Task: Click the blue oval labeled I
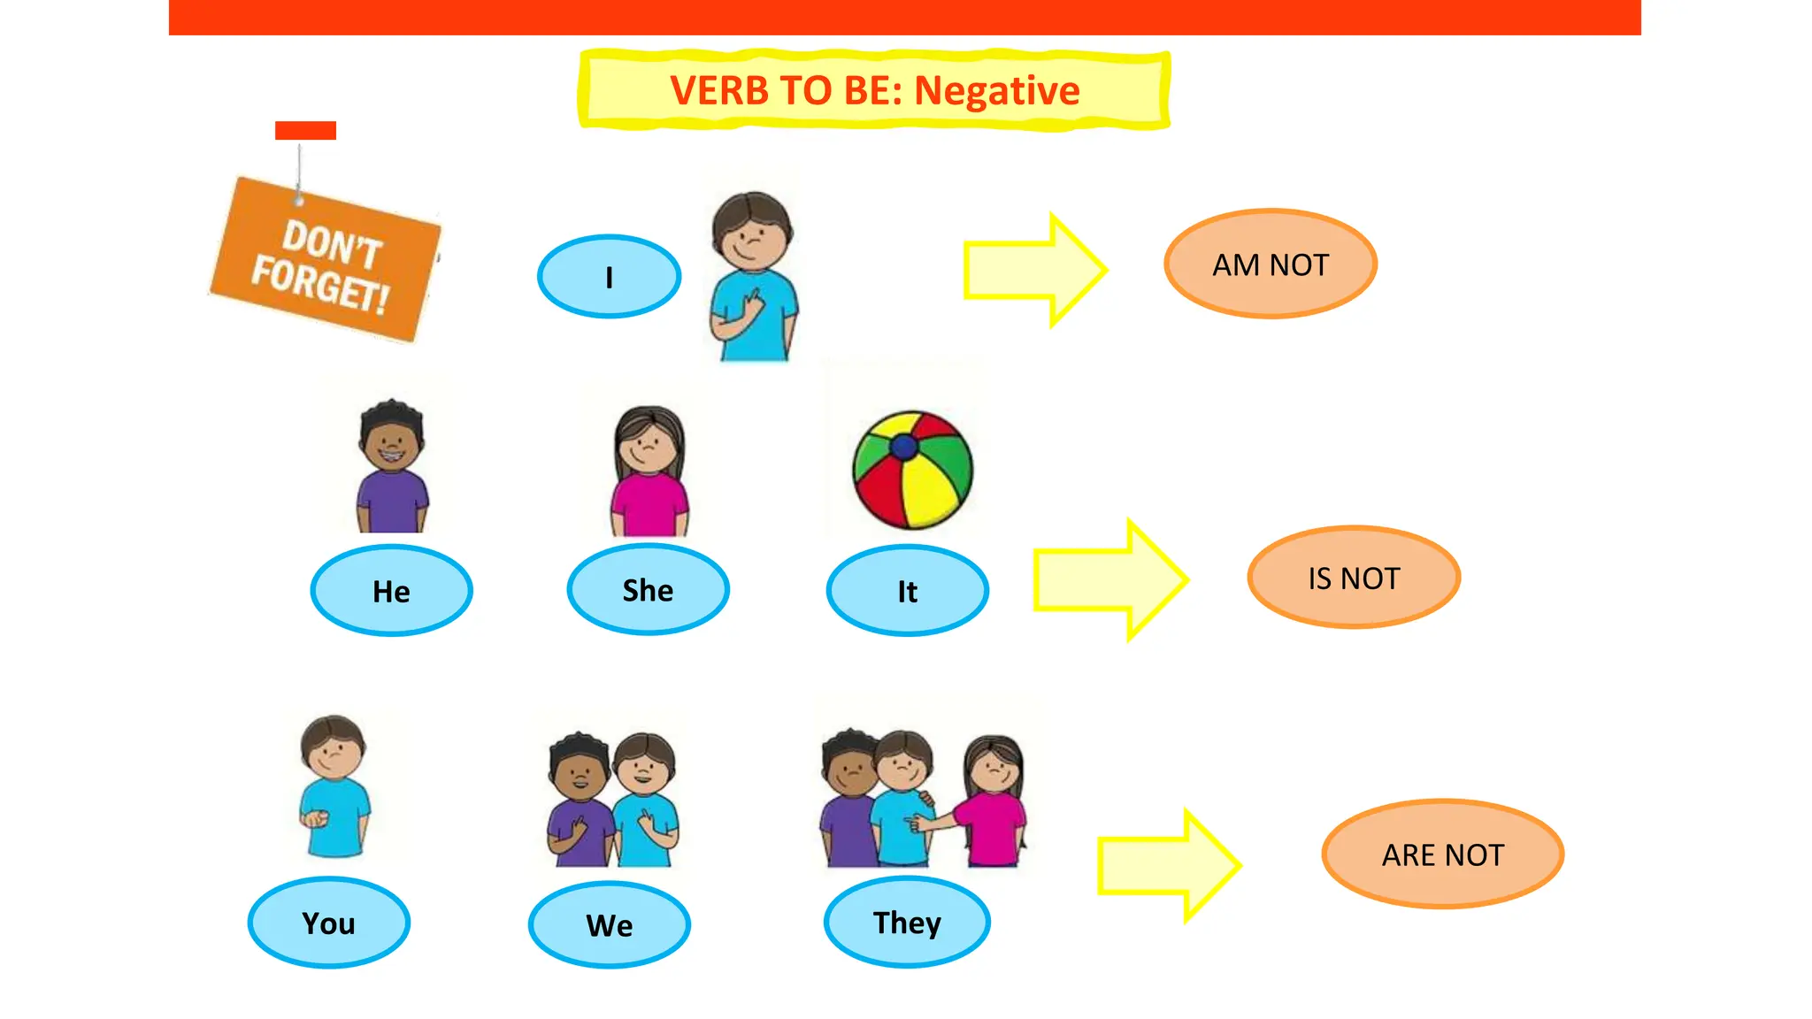[x=609, y=277]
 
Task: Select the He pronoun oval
[x=391, y=591]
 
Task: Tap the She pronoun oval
[x=648, y=590]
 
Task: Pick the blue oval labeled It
[x=907, y=591]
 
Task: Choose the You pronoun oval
[x=328, y=923]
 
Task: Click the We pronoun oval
[x=609, y=925]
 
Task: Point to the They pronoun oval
[x=907, y=923]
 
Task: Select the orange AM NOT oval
[x=1270, y=264]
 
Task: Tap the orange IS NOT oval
[x=1354, y=578]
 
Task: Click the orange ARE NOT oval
[x=1442, y=854]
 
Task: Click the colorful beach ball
[x=912, y=470]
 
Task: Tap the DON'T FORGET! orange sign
[x=326, y=261]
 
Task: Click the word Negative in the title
[x=996, y=90]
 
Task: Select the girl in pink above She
[x=649, y=473]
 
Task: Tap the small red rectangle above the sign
[x=305, y=131]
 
